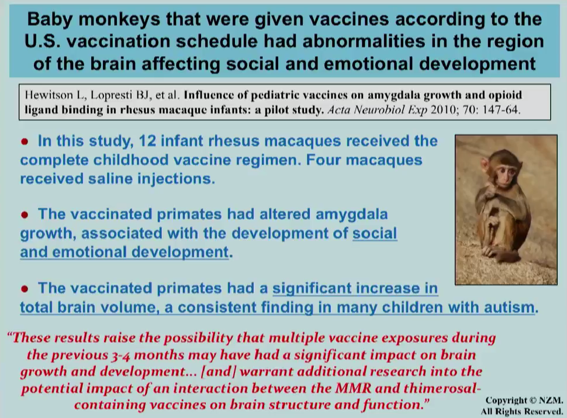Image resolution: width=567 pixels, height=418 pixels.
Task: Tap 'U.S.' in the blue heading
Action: pyautogui.click(x=43, y=42)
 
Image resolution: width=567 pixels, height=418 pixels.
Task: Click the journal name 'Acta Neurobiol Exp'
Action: pyautogui.click(x=377, y=109)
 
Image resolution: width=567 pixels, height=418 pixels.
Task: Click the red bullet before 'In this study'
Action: pyautogui.click(x=25, y=141)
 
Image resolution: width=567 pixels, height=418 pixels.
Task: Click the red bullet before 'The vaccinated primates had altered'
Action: pyautogui.click(x=25, y=215)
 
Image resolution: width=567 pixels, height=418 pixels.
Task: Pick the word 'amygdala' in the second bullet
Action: pyautogui.click(x=351, y=215)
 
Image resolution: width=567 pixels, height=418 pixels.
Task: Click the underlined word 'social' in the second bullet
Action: pyautogui.click(x=375, y=233)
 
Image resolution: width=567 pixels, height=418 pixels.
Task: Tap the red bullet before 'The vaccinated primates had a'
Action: pyautogui.click(x=25, y=289)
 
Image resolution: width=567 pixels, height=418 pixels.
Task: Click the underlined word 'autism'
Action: pyautogui.click(x=509, y=308)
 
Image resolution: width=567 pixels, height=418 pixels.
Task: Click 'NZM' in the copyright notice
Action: pyautogui.click(x=551, y=400)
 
